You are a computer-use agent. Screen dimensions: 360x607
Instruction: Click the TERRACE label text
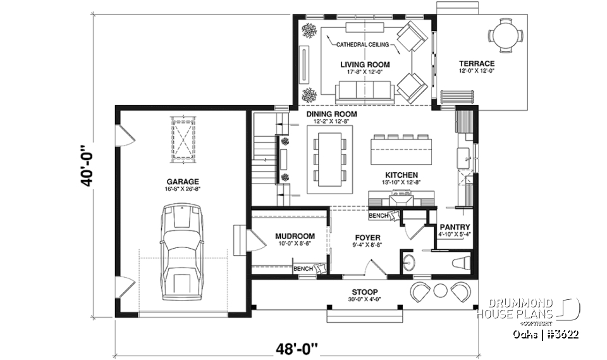click(x=476, y=64)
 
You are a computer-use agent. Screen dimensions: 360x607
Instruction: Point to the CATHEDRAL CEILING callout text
click(x=362, y=45)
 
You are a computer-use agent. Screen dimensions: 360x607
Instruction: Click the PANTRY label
click(x=453, y=226)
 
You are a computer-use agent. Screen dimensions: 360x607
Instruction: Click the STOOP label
click(x=362, y=292)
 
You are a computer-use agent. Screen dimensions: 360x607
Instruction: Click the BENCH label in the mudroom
click(x=303, y=269)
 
